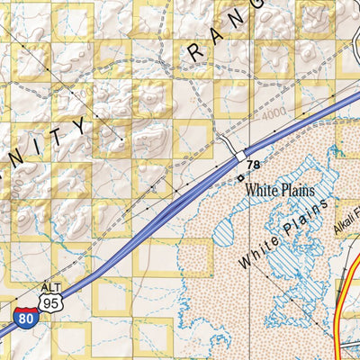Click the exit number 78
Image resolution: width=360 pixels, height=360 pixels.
tap(254, 166)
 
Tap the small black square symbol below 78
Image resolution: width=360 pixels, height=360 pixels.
tap(241, 177)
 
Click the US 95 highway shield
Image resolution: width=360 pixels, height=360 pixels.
tap(54, 303)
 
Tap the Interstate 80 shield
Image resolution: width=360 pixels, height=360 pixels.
tap(26, 317)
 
